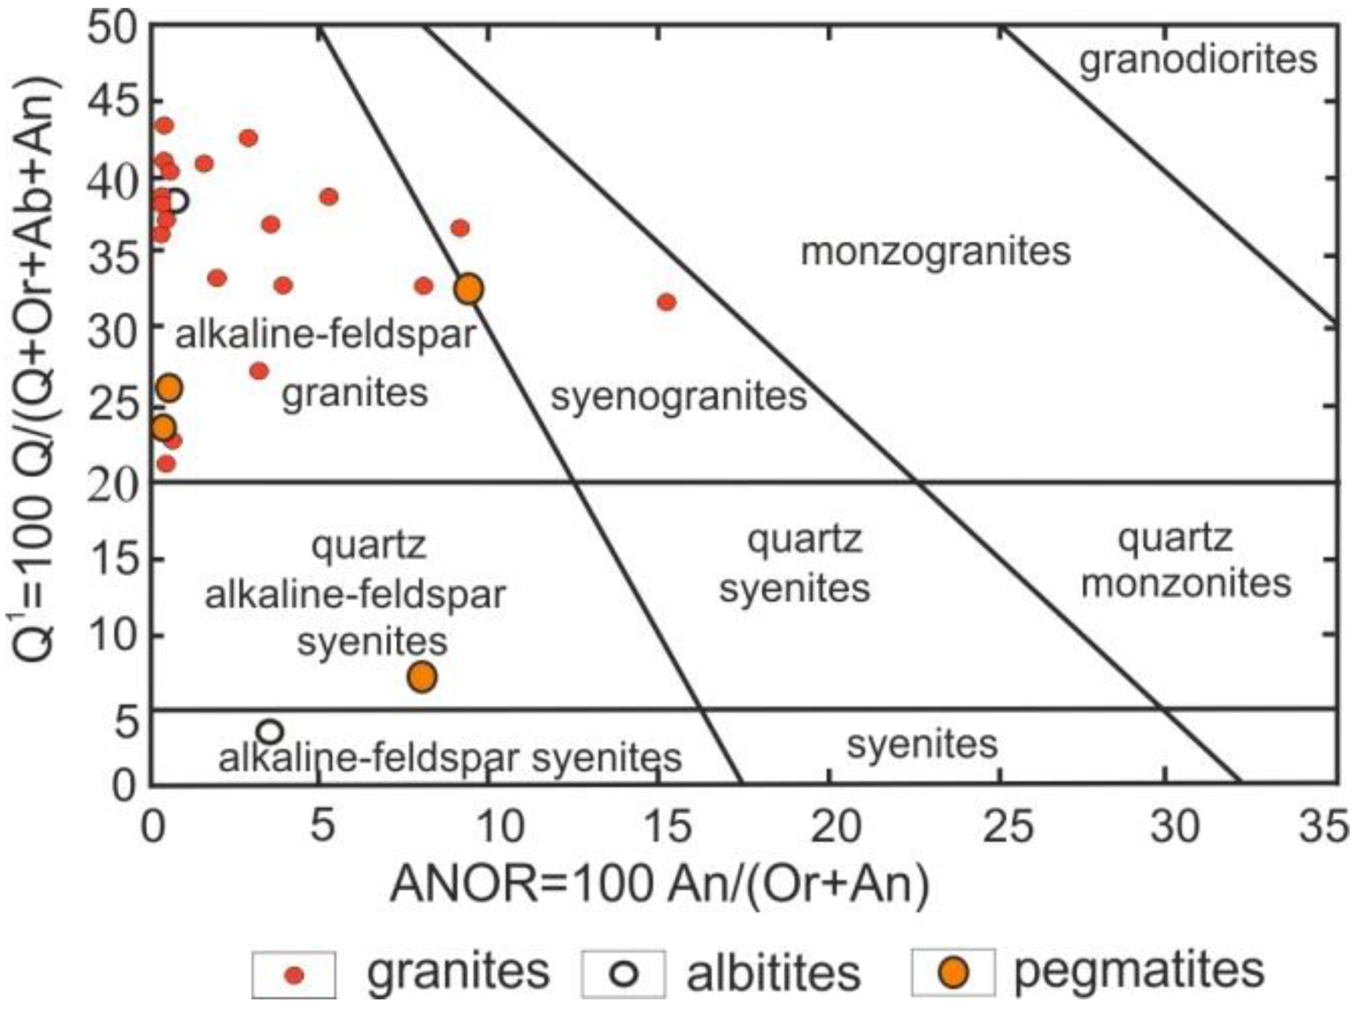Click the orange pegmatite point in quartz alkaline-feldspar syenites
(x=422, y=677)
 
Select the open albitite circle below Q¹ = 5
(x=270, y=732)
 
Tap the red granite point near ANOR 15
(x=667, y=303)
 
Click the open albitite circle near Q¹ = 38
(x=177, y=201)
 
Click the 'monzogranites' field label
(x=935, y=252)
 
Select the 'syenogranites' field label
(x=679, y=396)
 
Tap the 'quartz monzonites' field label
(x=1185, y=561)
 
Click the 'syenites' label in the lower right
(x=922, y=744)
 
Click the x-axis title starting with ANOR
(x=660, y=884)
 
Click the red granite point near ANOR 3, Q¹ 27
(x=259, y=371)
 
